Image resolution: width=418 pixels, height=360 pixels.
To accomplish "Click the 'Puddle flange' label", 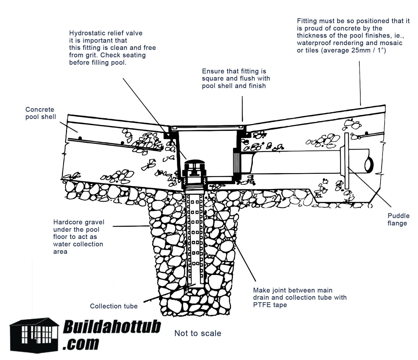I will coord(398,219).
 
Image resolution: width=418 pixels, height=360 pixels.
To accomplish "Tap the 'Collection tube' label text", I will coord(114,306).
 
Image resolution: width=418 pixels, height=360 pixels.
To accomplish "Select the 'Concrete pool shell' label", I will coord(41,113).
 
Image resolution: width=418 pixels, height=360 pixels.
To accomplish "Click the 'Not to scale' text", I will coord(198,333).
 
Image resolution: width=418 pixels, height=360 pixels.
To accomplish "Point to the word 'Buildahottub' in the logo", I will coord(112,327).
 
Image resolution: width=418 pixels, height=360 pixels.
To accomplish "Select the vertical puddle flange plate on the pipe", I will coord(346,161).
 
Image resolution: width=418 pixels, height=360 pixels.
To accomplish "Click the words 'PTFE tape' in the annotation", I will coord(270,305).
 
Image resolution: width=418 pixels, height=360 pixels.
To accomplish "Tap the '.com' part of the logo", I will coord(81,344).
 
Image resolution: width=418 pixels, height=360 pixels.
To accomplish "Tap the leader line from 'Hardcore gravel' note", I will coord(131,226).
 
